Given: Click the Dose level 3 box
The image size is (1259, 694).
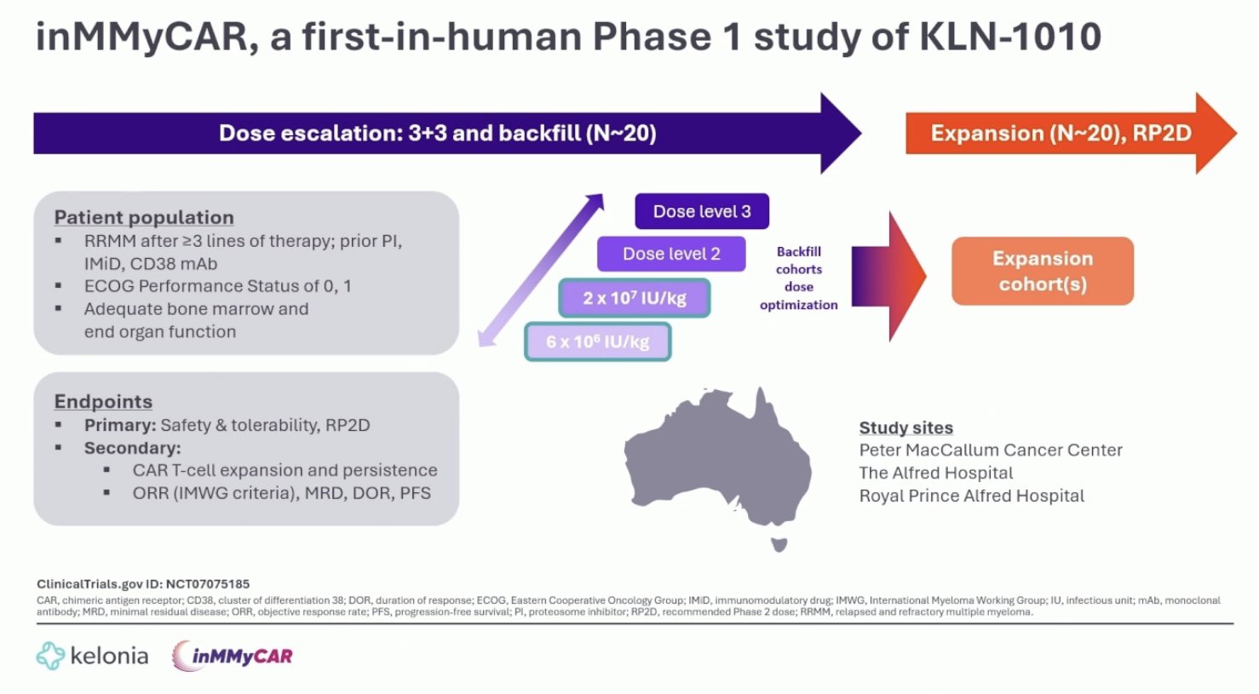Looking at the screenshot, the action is click(x=702, y=211).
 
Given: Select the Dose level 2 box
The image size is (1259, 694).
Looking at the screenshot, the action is click(x=671, y=254).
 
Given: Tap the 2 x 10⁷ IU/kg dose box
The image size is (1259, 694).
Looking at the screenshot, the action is click(x=635, y=298).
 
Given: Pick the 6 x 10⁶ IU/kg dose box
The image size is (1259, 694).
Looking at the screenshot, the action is click(x=597, y=341).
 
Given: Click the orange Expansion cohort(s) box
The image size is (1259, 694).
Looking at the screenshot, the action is click(x=1043, y=271).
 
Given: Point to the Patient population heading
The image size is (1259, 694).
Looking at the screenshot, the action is click(x=144, y=217).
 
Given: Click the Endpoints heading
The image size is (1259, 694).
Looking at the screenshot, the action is click(x=103, y=402).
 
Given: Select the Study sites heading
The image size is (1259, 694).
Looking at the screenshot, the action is click(x=906, y=427).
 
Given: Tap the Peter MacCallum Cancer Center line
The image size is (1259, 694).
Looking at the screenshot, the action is click(x=991, y=450).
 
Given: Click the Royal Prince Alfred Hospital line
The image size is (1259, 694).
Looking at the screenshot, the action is click(x=972, y=496).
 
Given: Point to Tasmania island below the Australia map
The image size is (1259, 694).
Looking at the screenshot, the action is click(x=779, y=544).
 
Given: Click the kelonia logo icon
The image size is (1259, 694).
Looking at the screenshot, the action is click(x=50, y=656).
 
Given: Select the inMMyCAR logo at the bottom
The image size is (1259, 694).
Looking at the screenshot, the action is click(x=233, y=656).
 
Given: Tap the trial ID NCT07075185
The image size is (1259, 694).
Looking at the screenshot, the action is click(x=207, y=584).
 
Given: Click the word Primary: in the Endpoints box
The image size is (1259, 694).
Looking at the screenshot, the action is click(x=120, y=426).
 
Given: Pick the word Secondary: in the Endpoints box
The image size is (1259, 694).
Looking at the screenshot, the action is click(x=133, y=448).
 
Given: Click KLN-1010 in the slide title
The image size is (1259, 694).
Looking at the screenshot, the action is click(x=1010, y=37).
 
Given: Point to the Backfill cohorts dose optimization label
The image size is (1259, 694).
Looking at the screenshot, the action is click(x=799, y=278).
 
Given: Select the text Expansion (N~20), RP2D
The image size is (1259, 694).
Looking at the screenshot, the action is click(x=1061, y=133).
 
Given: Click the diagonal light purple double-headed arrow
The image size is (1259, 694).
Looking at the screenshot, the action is click(x=541, y=270).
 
